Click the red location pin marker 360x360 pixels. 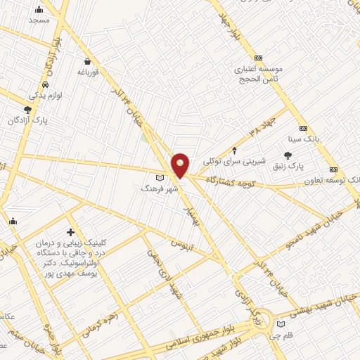tap(181, 165)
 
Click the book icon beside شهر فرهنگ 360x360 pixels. tap(160, 177)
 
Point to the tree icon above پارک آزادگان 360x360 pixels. tap(27, 110)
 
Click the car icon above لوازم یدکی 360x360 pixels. tap(46, 84)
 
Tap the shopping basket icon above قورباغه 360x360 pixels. tap(86, 61)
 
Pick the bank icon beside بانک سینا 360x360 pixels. tap(303, 128)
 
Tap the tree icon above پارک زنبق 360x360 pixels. tap(288, 155)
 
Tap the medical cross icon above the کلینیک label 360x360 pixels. tap(70, 232)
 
